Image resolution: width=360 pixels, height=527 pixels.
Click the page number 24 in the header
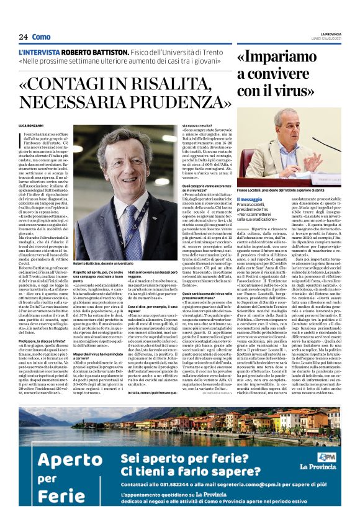(x=23, y=37)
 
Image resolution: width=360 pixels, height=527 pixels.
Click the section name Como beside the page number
(x=41, y=37)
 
